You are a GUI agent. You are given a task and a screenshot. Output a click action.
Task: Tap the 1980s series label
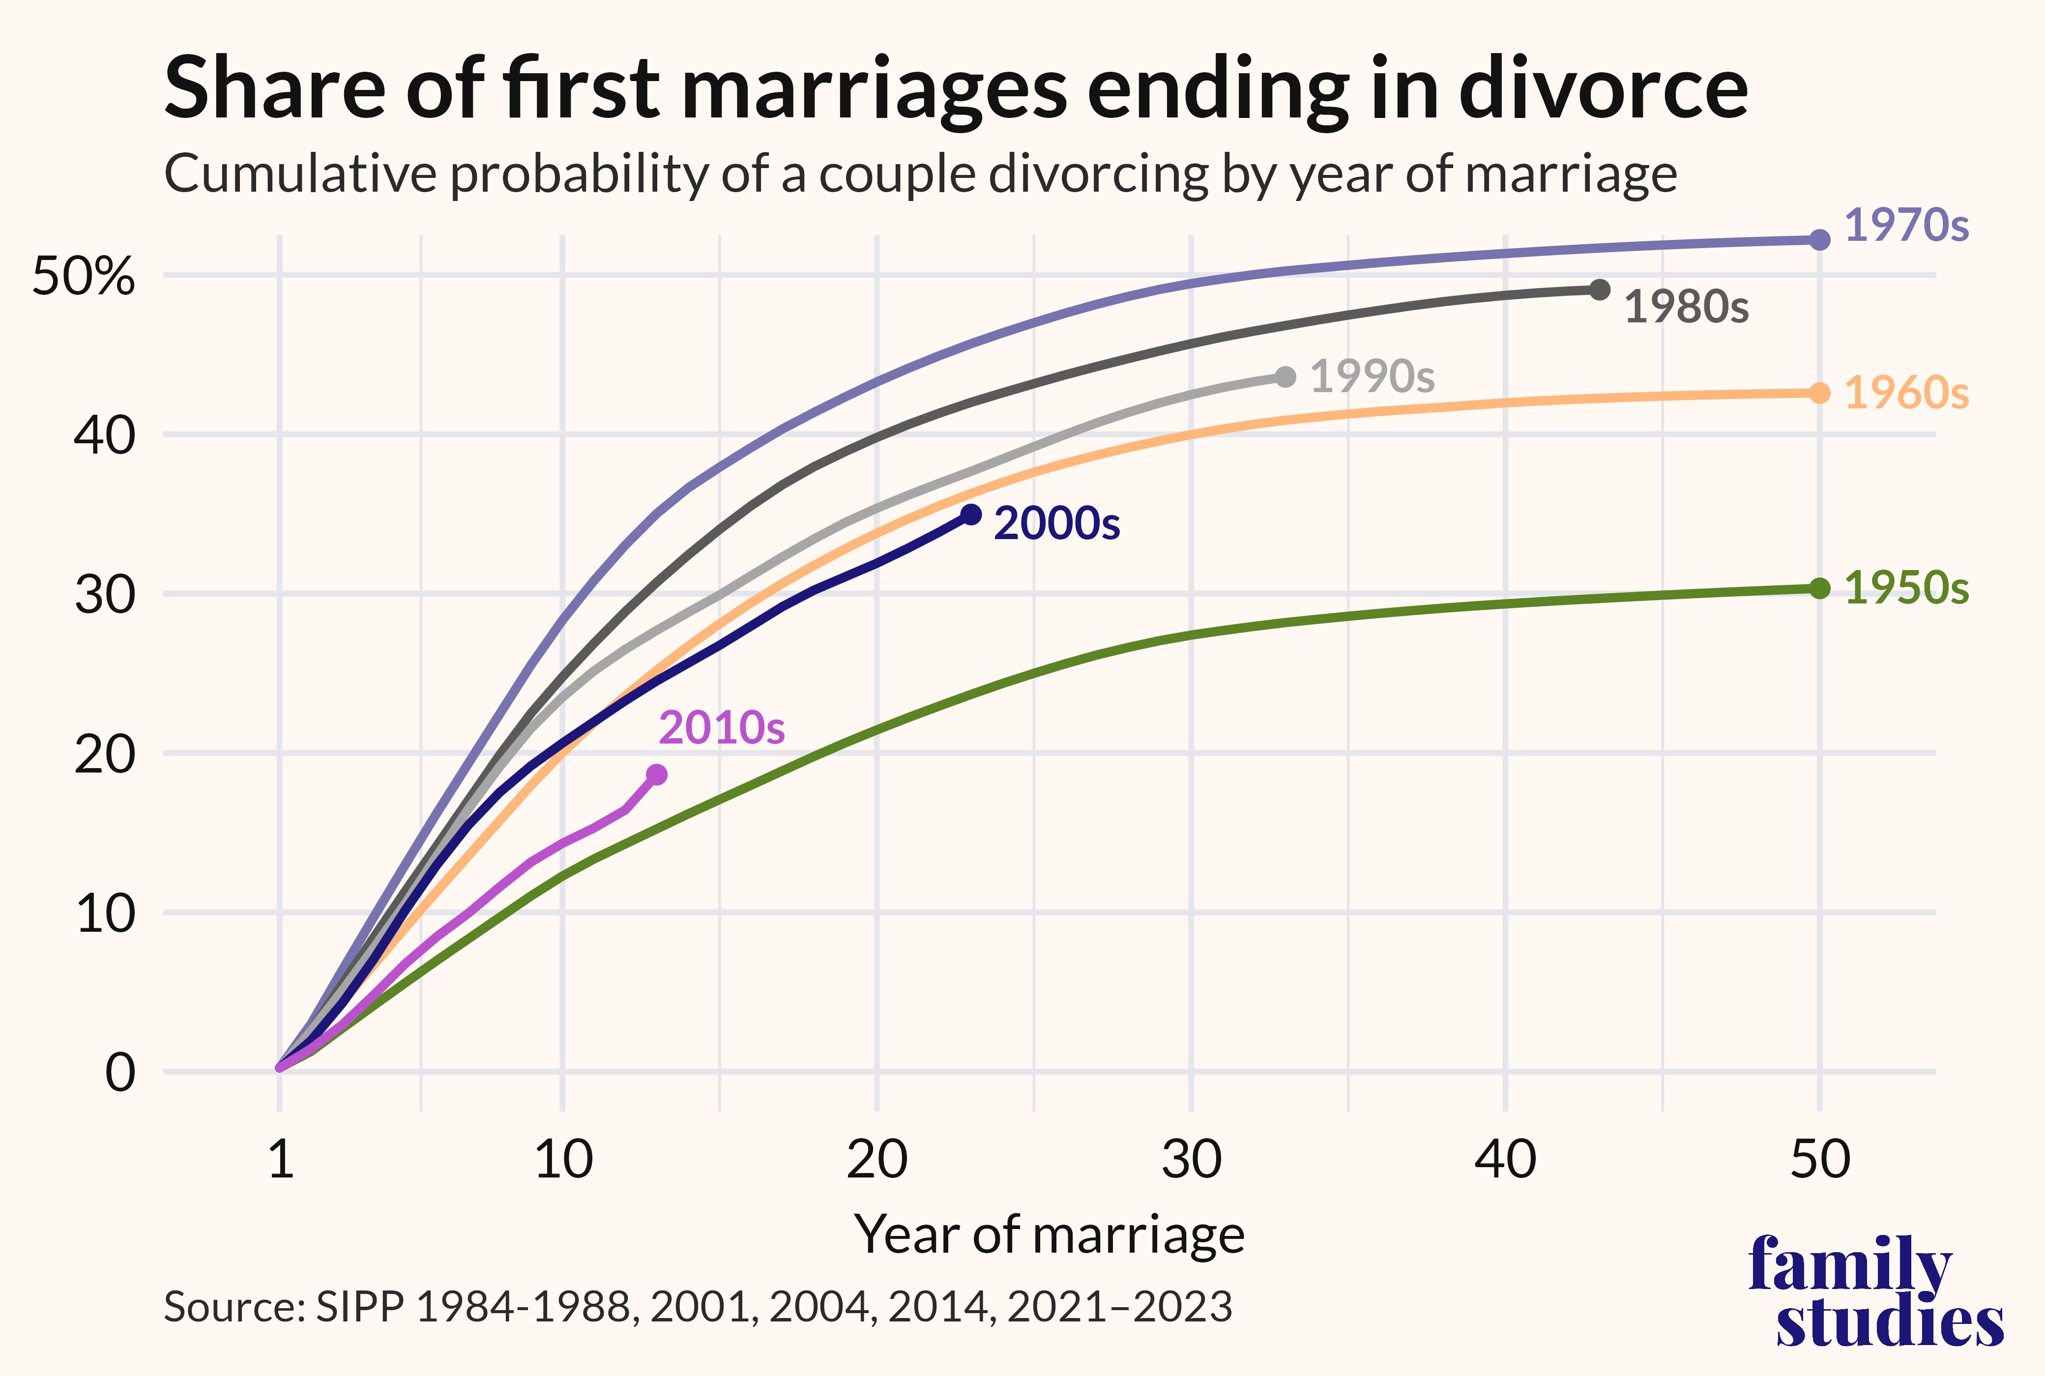coord(1686,307)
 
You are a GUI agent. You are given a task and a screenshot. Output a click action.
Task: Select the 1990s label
coord(1372,376)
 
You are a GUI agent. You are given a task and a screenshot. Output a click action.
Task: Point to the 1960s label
coord(1906,393)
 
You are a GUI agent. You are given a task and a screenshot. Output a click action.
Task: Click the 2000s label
coord(1057,524)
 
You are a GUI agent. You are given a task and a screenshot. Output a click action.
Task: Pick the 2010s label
coord(722,727)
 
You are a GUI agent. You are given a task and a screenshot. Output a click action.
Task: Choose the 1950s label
coord(1906,588)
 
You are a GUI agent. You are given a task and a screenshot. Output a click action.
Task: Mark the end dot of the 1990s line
coord(1285,377)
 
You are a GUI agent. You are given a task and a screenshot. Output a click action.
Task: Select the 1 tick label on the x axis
coord(280,1160)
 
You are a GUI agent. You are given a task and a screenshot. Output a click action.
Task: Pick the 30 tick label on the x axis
coord(1191,1160)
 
